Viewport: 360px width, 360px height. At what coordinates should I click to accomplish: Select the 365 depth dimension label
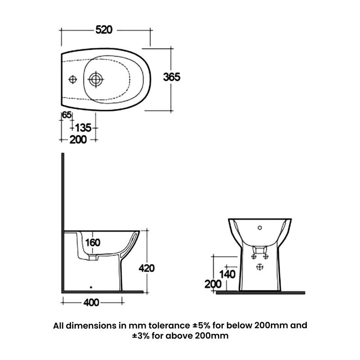pyautogui.click(x=171, y=77)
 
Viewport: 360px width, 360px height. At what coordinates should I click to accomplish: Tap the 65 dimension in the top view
pyautogui.click(x=67, y=115)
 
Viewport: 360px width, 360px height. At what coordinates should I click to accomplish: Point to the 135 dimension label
pyautogui.click(x=83, y=128)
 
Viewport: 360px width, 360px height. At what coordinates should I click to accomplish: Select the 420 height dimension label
pyautogui.click(x=146, y=268)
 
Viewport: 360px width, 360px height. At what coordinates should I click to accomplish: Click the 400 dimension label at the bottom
pyautogui.click(x=91, y=303)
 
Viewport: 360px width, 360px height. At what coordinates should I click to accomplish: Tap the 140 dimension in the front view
pyautogui.click(x=228, y=273)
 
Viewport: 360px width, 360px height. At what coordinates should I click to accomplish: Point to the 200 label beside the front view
pyautogui.click(x=212, y=284)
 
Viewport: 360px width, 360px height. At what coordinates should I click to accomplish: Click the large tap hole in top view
pyautogui.click(x=95, y=80)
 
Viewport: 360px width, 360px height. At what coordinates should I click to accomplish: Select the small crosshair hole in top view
pyautogui.click(x=72, y=80)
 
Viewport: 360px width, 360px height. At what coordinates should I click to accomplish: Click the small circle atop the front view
pyautogui.click(x=259, y=227)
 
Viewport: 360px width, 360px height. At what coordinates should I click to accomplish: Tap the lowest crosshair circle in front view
pyautogui.click(x=259, y=267)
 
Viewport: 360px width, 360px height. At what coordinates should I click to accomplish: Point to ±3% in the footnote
pyautogui.click(x=142, y=336)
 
